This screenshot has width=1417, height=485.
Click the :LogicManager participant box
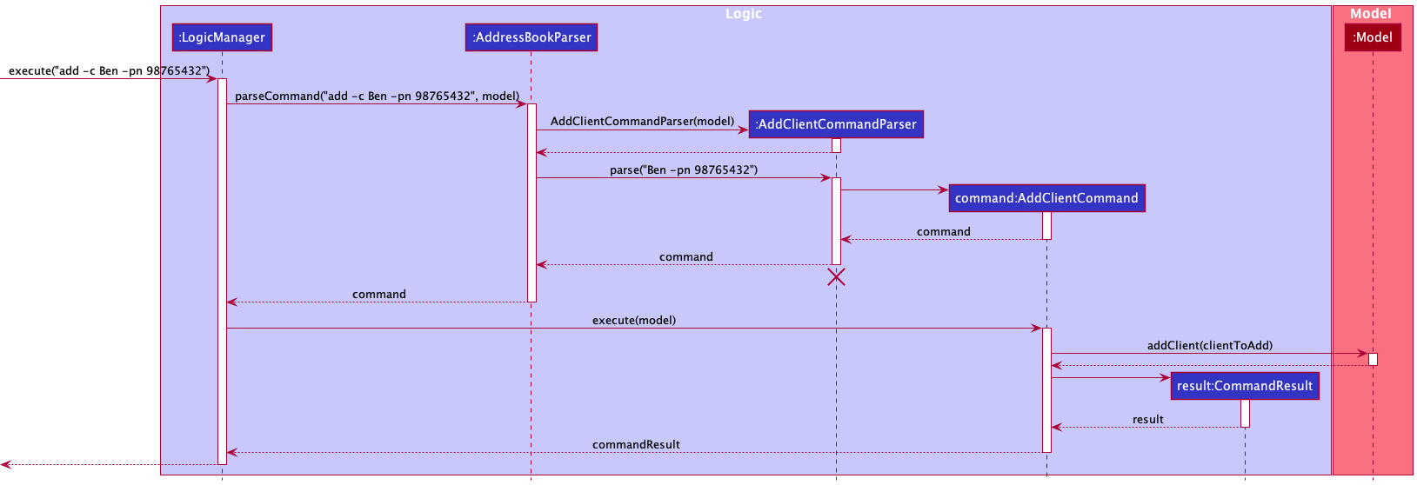point(222,37)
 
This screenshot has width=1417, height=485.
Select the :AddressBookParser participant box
point(531,37)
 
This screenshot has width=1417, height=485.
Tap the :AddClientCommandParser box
point(835,124)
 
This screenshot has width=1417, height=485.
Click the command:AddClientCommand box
point(1046,198)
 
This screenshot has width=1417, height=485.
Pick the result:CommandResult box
point(1244,386)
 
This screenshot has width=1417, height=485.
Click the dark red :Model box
point(1372,37)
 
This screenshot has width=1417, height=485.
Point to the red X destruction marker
point(836,277)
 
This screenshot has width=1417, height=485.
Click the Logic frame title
point(744,14)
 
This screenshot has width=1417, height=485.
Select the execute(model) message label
point(634,320)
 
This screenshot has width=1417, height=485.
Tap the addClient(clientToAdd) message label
point(1209,345)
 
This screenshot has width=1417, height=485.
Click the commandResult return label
point(636,444)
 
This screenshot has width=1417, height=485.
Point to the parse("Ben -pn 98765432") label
point(684,169)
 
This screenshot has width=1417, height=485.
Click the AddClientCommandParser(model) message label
point(642,121)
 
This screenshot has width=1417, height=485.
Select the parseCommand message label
point(377,96)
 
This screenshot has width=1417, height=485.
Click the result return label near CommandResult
point(1147,419)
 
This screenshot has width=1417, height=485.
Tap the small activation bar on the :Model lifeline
point(1373,359)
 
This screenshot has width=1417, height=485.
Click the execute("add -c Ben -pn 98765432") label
point(109,70)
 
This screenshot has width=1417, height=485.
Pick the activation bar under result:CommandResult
point(1245,413)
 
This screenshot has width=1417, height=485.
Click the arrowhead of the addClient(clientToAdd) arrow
point(1363,354)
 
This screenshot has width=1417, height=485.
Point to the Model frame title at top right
point(1370,14)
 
